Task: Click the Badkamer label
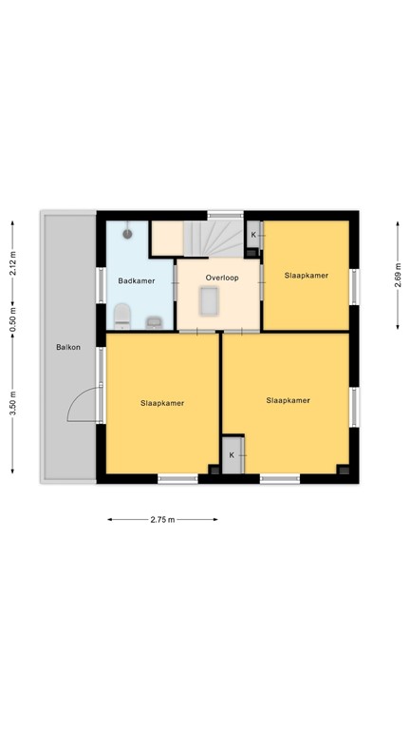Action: coord(136,280)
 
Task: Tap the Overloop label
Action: coord(222,278)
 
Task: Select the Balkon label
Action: coord(67,347)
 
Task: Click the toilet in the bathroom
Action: coord(121,315)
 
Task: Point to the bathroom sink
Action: coord(154,319)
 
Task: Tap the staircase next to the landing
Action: coord(213,238)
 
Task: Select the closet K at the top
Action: coord(252,234)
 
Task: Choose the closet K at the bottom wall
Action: coord(233,454)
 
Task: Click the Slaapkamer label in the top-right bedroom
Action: coord(307,276)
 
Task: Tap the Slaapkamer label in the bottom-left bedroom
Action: coord(161,402)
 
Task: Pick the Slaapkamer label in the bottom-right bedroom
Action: coord(288,400)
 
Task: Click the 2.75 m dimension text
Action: coord(163,519)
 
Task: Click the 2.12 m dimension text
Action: coord(13,261)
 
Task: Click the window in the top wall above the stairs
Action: coord(225,215)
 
